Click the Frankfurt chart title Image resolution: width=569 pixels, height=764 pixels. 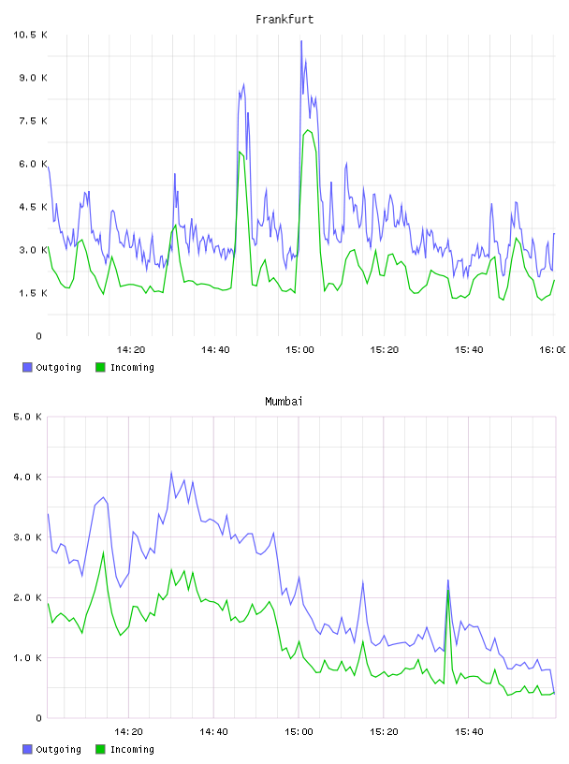pos(284,20)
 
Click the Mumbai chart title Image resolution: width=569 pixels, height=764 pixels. pos(284,402)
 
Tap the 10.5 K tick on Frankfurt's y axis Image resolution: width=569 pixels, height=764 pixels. pos(30,35)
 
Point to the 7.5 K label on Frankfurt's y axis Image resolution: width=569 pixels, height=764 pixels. pos(33,121)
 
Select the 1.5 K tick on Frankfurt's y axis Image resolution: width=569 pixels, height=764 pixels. pos(33,293)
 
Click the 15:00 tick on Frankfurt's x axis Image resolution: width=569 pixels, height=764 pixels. pos(299,350)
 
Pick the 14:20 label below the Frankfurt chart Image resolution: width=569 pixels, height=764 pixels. pos(131,350)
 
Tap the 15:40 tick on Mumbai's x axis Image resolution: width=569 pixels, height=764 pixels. pos(469,732)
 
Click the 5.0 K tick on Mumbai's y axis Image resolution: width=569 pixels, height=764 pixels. pos(27,417)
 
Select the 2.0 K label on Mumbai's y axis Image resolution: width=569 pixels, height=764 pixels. pos(27,597)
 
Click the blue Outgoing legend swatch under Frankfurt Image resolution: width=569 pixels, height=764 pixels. pos(27,367)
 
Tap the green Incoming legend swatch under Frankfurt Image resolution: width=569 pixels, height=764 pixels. pos(100,367)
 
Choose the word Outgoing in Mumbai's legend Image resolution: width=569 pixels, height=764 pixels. pos(58,749)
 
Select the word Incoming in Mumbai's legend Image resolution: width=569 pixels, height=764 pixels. pos(132,749)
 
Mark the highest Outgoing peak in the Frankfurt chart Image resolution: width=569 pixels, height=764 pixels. pos(301,41)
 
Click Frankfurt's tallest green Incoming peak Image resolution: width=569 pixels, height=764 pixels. pos(307,130)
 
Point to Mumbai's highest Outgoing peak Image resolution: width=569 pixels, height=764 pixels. pos(171,472)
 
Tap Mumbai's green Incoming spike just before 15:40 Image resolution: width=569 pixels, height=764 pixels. pos(448,591)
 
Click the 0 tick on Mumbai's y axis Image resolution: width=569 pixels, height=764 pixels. pos(39,718)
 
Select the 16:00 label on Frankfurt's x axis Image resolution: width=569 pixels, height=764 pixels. pos(552,350)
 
